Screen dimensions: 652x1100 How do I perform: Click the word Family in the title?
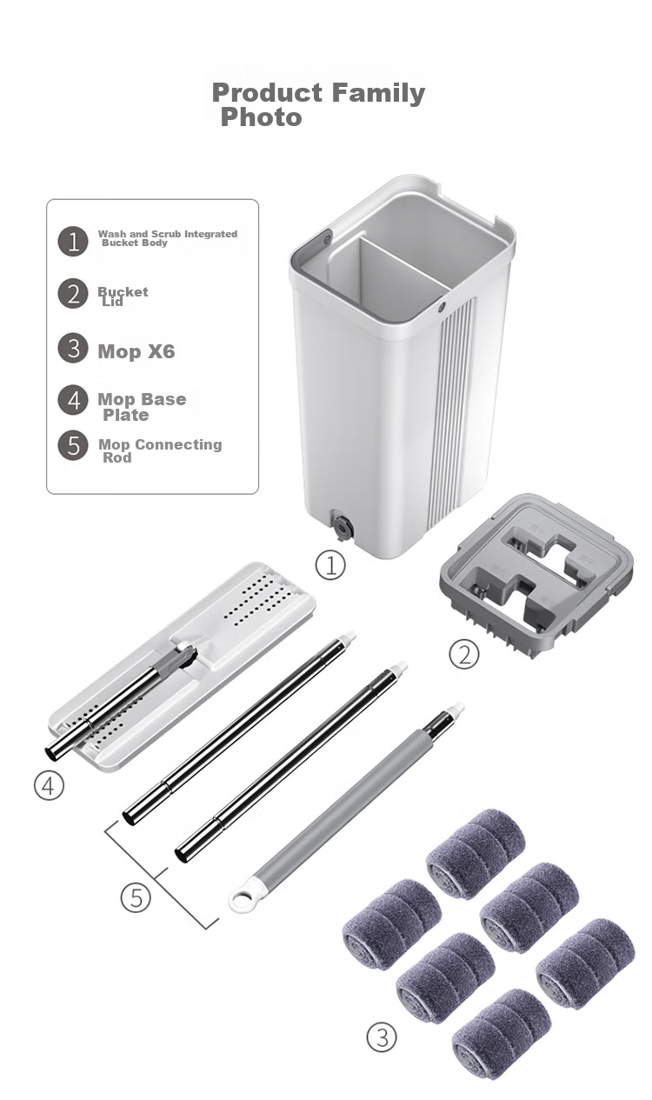coord(378,93)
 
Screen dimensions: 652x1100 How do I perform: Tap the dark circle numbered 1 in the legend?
coord(73,241)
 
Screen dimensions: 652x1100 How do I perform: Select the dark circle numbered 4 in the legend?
coord(73,400)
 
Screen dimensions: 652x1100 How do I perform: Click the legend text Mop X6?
coord(136,351)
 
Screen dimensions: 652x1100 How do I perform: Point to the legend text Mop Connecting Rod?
coord(160,450)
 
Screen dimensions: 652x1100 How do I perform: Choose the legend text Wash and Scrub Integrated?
coord(168,234)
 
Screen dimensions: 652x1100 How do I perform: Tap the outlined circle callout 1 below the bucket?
coord(330,565)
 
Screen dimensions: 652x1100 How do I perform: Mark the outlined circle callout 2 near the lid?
coord(464,654)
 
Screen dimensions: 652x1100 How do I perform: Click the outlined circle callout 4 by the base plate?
coord(49,786)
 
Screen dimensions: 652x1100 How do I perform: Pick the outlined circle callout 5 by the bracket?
coord(136,897)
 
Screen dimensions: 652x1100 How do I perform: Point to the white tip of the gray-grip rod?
coord(455,709)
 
